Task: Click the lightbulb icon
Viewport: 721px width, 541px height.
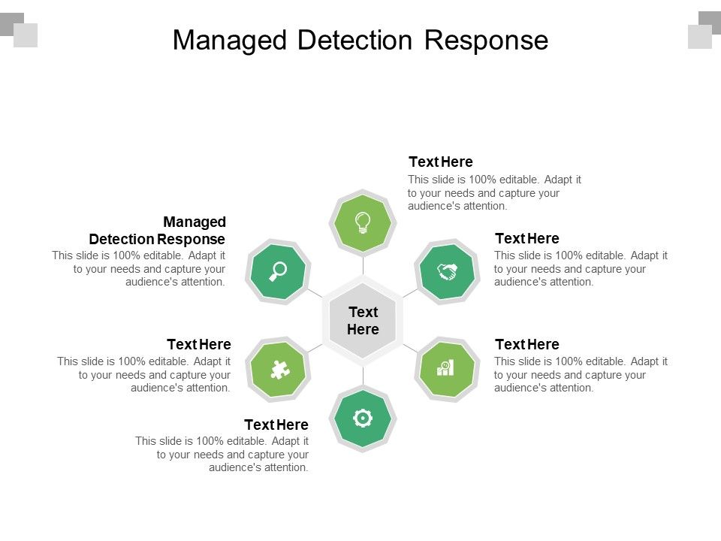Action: tap(363, 222)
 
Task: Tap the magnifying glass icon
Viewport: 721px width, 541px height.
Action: tap(279, 270)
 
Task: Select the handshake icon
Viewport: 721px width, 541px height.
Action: tap(448, 271)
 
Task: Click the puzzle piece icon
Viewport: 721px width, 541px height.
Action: tap(279, 368)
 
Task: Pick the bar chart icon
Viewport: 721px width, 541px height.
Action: tap(446, 368)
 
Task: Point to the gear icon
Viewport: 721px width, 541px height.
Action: tap(363, 418)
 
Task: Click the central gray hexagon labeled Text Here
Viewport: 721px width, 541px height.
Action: tap(363, 321)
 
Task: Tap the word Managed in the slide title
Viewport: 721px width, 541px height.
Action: tap(231, 40)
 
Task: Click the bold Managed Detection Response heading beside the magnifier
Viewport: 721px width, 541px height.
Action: tap(158, 231)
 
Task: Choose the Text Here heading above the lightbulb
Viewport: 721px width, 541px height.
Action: tap(440, 162)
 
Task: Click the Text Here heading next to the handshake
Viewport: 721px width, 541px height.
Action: tap(526, 238)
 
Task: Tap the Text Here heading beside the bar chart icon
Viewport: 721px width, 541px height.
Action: tap(526, 344)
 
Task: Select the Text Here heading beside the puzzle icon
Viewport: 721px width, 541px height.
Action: tap(199, 344)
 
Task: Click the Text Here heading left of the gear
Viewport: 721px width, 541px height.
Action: tap(276, 425)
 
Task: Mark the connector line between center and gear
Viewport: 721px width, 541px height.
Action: tap(363, 376)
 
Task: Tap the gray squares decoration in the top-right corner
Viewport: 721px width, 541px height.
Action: tap(703, 29)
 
